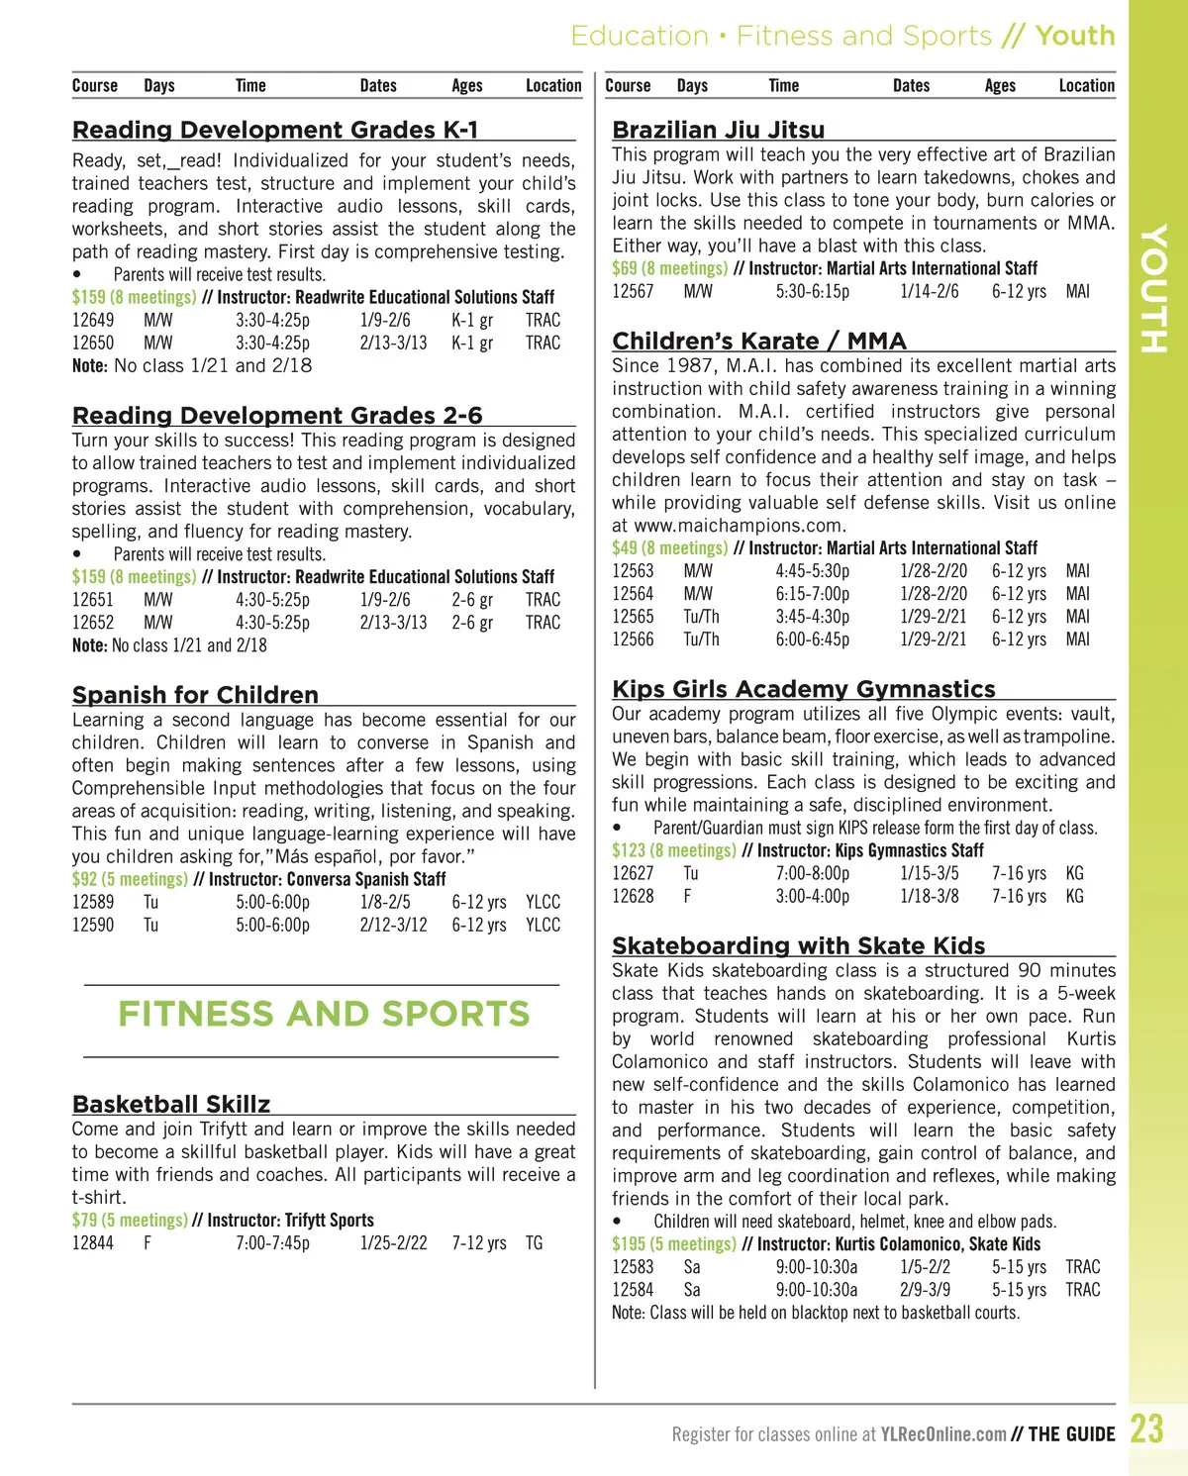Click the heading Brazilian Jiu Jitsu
click(718, 130)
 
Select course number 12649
click(93, 320)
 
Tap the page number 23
click(1146, 1429)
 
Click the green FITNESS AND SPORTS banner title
click(324, 1014)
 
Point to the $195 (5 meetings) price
click(673, 1244)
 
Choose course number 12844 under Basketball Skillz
click(93, 1243)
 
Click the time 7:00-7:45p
click(272, 1243)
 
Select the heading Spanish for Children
click(195, 695)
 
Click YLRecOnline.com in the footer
click(942, 1433)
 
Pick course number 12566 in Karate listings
click(633, 640)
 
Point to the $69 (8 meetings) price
click(669, 268)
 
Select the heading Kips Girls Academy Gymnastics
click(804, 689)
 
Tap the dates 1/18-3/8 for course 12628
click(929, 896)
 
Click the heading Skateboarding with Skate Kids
click(798, 945)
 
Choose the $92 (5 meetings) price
click(129, 879)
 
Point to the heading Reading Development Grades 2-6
click(277, 415)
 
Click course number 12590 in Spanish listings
click(93, 925)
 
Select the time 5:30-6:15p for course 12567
click(812, 291)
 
